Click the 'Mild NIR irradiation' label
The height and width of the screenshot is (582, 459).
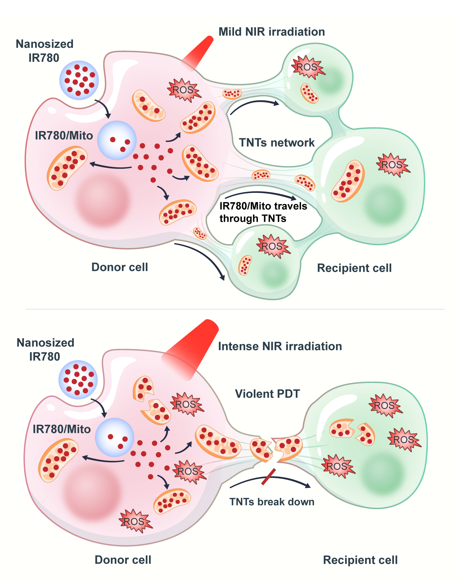point(272,32)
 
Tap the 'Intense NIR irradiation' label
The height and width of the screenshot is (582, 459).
point(280,346)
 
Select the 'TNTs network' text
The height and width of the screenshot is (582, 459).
point(277,143)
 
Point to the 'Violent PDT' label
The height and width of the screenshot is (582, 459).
point(267,394)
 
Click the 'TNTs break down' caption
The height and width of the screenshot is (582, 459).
point(272,502)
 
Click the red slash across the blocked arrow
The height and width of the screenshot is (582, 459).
point(268,477)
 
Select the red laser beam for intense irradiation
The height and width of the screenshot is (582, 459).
point(192,348)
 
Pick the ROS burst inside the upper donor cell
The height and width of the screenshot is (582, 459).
point(183,90)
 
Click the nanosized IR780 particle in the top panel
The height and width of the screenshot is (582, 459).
point(79,80)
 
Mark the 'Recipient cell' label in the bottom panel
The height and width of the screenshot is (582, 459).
point(360,560)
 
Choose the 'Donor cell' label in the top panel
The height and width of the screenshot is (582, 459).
point(119,267)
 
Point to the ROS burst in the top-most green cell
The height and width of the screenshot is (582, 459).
point(307,67)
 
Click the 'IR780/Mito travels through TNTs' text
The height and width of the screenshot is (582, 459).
point(263,212)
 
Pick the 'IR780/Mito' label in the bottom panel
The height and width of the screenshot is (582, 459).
point(61,429)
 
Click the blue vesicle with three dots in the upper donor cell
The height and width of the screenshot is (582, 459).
point(117,140)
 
